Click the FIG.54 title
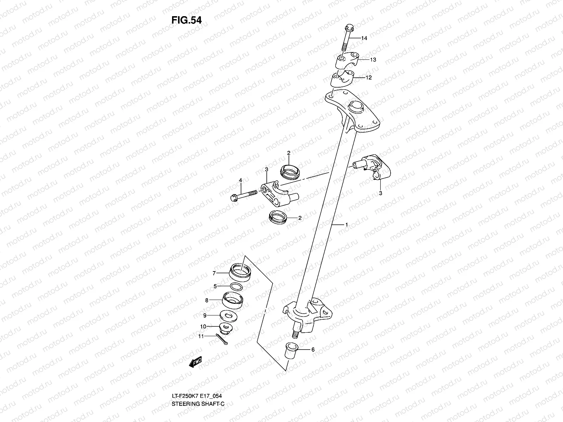[186, 20]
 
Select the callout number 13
[373, 60]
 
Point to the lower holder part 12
[342, 79]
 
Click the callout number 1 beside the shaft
[347, 224]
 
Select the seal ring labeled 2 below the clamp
[278, 217]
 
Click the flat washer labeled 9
[228, 315]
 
